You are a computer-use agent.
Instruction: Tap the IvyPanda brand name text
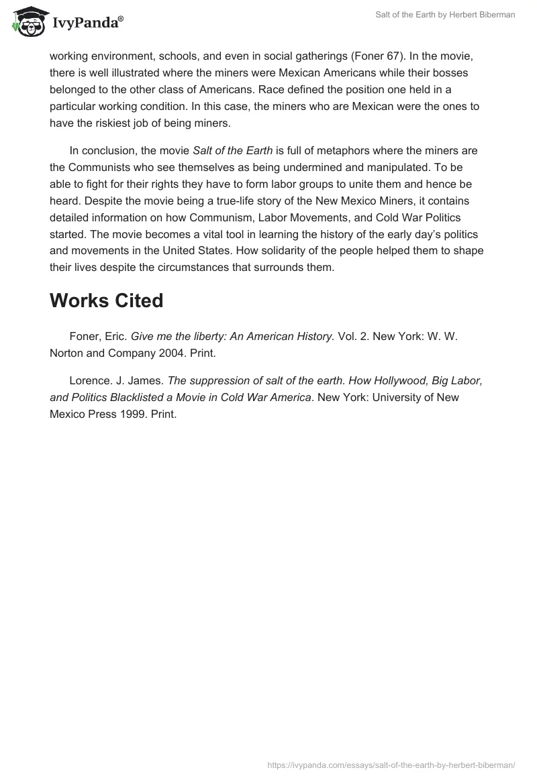click(87, 23)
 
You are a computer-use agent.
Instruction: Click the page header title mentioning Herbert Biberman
click(445, 15)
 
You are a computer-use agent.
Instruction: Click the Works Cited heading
click(106, 301)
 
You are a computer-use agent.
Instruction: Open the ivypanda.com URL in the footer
click(391, 764)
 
